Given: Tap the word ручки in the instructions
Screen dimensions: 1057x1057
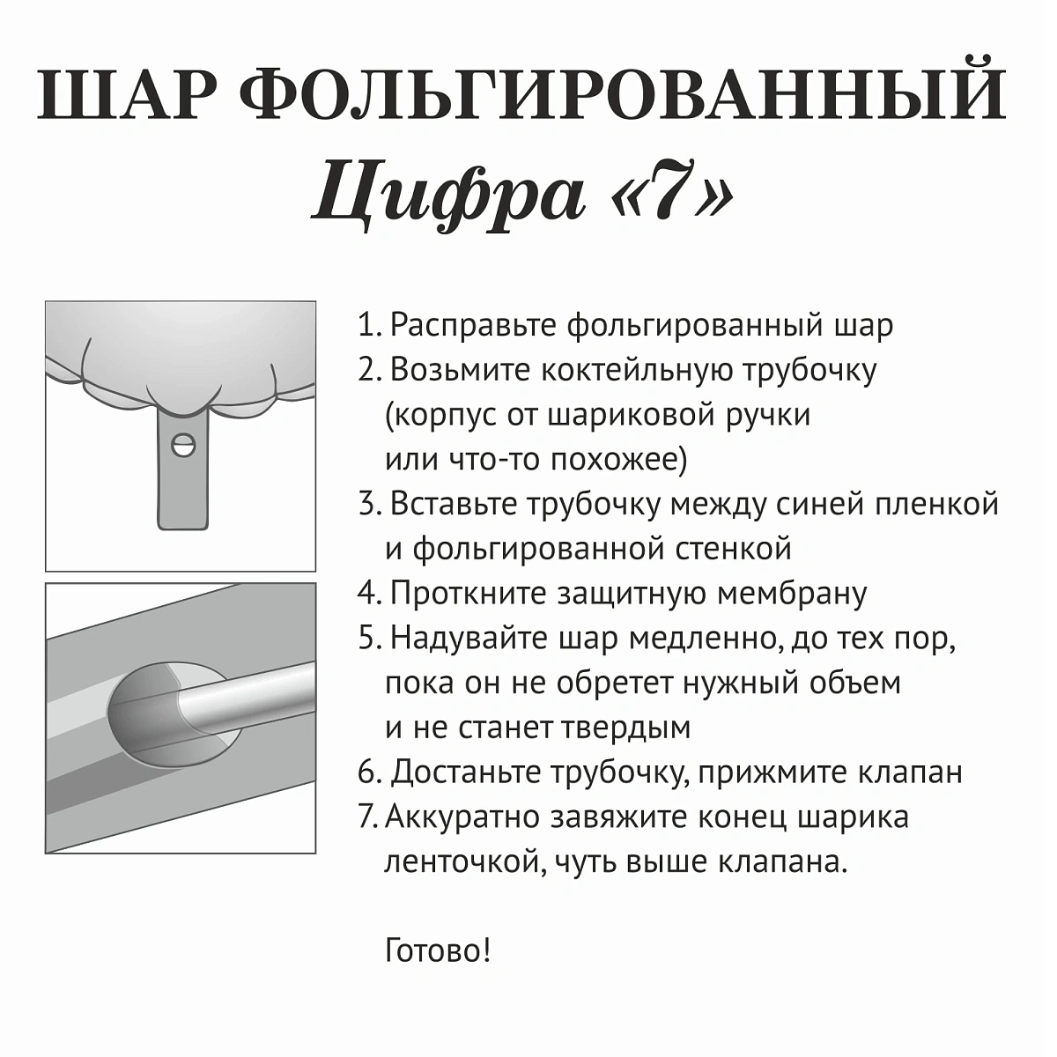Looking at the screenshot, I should pos(767,415).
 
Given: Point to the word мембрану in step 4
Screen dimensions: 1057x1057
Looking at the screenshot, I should pos(792,594).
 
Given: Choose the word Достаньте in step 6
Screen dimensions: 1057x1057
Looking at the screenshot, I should pos(467,772).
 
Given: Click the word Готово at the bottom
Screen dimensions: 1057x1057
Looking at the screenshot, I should pos(432,951).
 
